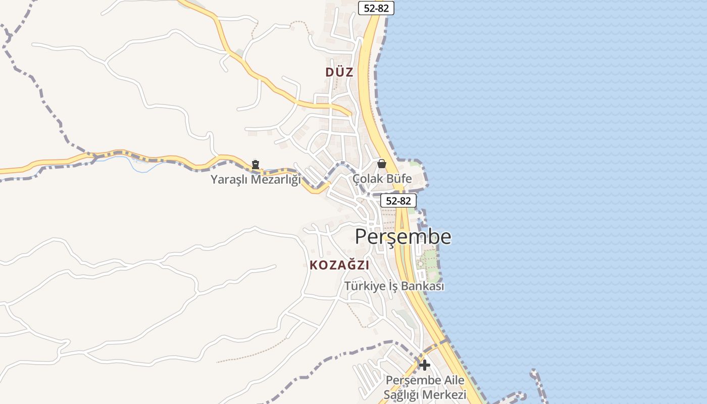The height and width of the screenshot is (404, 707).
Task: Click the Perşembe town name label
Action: click(403, 236)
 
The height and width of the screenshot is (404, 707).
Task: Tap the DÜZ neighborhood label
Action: click(339, 72)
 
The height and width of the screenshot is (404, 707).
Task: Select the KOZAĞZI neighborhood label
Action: click(339, 265)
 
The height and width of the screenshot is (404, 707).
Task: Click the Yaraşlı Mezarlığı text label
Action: click(255, 179)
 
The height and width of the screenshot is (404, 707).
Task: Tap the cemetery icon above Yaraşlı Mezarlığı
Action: click(256, 164)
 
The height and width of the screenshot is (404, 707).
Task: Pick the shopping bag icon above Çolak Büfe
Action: click(382, 164)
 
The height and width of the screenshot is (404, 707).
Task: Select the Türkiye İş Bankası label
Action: click(394, 286)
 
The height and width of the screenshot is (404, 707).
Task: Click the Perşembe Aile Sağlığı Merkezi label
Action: click(425, 387)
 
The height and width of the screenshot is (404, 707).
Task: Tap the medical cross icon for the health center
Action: click(425, 365)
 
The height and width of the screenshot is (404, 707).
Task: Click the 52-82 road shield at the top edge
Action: click(376, 8)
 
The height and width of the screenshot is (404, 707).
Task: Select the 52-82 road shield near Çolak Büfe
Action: click(398, 200)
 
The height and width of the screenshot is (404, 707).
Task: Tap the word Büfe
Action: click(399, 179)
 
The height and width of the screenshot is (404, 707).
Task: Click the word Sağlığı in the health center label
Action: click(403, 395)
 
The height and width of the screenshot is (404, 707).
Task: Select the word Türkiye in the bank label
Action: click(364, 286)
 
